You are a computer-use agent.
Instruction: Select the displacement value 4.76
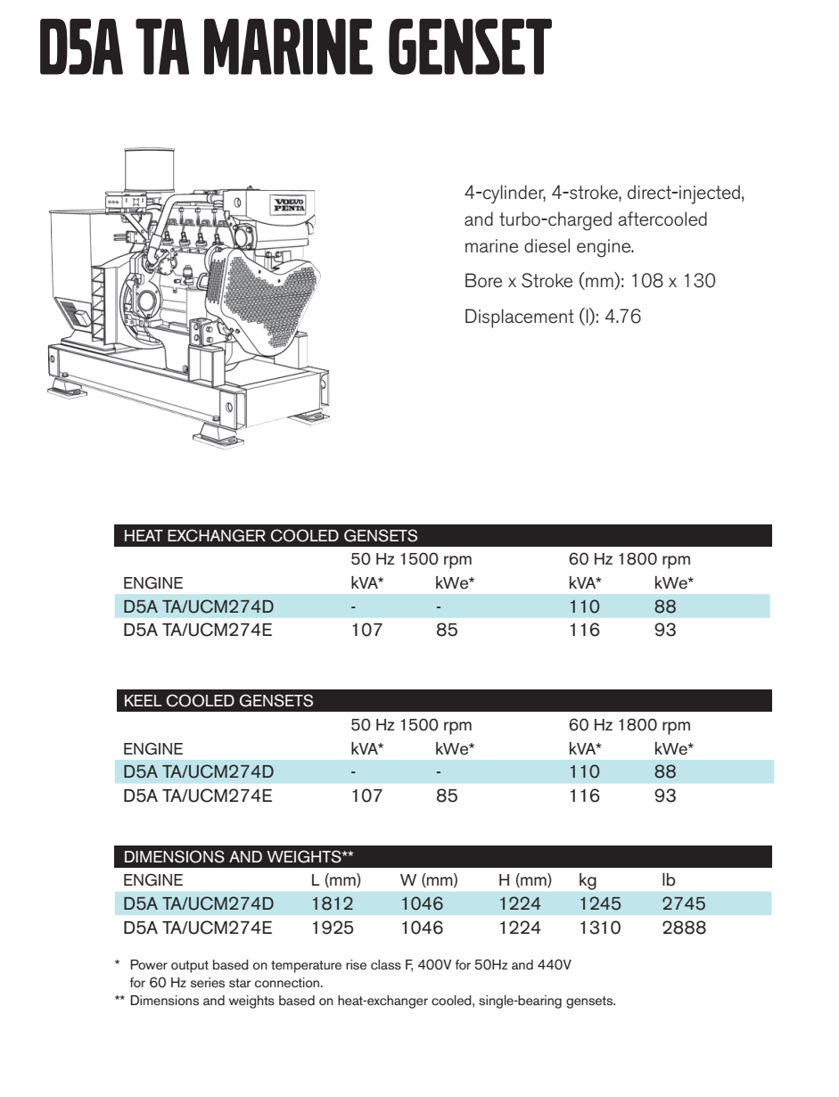point(622,317)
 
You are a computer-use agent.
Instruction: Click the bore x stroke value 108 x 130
point(672,281)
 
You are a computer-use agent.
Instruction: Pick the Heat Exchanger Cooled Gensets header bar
point(442,536)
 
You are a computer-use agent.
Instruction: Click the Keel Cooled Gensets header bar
point(442,701)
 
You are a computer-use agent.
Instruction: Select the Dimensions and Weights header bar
point(442,857)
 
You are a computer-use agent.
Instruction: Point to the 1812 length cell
point(332,903)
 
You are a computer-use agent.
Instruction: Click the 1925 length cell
point(332,928)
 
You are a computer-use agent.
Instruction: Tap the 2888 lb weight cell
point(684,928)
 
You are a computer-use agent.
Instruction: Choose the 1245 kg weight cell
point(599,903)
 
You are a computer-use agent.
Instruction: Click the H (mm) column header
point(524,880)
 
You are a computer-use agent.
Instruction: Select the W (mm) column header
point(429,880)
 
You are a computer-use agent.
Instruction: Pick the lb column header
point(669,880)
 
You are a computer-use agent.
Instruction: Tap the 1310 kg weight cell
point(599,928)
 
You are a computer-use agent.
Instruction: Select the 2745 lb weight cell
point(684,903)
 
